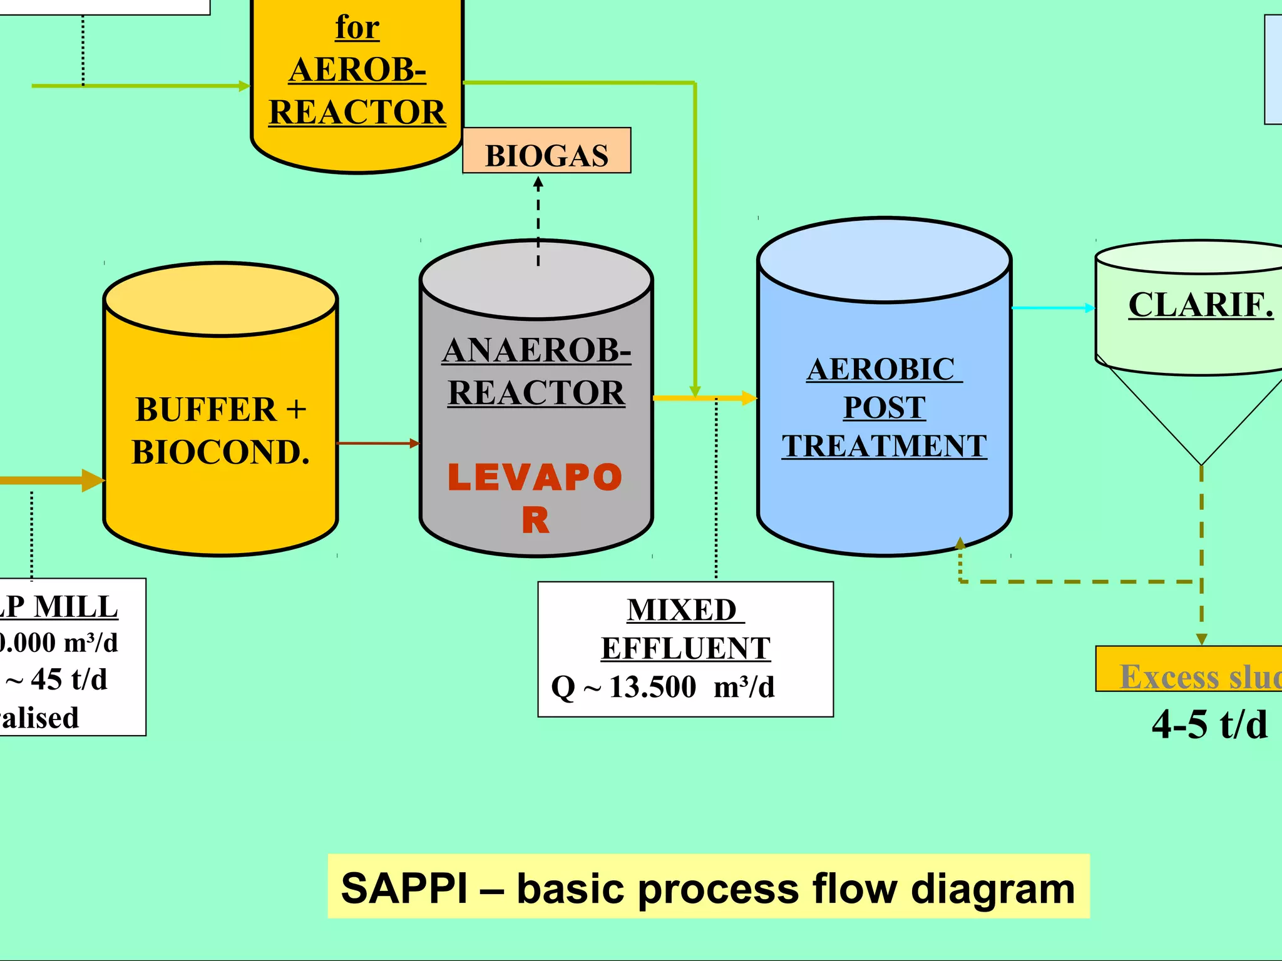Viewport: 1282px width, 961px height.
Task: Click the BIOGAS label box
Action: tap(546, 151)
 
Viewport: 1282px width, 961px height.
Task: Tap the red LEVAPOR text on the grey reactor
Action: tap(535, 497)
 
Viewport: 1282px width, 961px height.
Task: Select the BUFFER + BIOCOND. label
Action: tap(220, 431)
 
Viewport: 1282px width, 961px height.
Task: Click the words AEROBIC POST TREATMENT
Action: tap(884, 407)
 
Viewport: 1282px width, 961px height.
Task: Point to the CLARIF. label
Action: tap(1200, 305)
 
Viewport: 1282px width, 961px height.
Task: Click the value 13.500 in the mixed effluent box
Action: tap(652, 687)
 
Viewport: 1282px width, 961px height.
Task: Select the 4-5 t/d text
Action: tap(1209, 725)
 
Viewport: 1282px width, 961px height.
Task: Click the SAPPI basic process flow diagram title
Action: tap(708, 887)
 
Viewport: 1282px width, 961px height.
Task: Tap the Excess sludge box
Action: tap(1189, 670)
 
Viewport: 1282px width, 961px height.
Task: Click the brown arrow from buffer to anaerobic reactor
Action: tap(377, 443)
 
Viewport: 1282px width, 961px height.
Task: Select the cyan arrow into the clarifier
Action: tap(1054, 308)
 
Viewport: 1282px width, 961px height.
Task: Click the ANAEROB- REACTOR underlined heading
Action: tap(536, 370)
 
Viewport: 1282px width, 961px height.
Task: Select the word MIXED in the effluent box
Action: tap(682, 610)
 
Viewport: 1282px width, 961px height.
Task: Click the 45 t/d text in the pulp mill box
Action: tap(69, 679)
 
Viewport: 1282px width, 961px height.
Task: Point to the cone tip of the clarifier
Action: tap(1201, 464)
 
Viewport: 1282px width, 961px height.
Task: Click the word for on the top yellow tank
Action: tap(357, 27)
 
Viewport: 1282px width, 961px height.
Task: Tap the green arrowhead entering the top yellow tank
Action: tap(245, 86)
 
